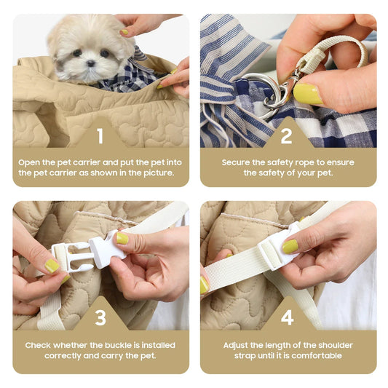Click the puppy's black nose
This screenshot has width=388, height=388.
coord(91,63)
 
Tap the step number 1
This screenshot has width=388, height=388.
coord(100,136)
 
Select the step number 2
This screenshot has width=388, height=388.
coord(287,136)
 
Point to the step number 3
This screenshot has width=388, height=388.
coord(100,317)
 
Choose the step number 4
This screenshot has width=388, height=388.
coord(288,317)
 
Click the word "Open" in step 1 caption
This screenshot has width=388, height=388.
coord(29,163)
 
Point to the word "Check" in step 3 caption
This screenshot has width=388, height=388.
coord(38,345)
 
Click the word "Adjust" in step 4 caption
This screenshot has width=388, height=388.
coord(236,346)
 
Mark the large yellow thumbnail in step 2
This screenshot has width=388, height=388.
coord(308,94)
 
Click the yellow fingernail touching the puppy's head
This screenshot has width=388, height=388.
coord(124,32)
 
